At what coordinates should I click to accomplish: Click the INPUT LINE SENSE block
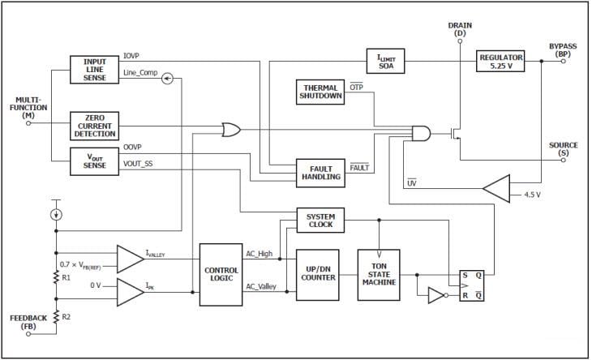[95, 69]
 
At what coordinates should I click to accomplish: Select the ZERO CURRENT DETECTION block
[95, 126]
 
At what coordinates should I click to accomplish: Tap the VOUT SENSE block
[95, 160]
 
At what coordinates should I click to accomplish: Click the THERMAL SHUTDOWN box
[321, 92]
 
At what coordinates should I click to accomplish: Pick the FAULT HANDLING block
[320, 172]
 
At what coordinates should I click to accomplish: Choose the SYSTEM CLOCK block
[320, 220]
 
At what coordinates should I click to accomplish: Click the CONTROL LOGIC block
[221, 274]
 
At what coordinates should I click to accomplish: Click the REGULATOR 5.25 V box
[500, 62]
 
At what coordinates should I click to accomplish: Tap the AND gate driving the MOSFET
[422, 133]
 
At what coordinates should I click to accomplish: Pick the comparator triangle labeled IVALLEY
[130, 258]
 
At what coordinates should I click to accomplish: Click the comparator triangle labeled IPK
[130, 289]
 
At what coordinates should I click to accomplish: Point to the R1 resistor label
[69, 276]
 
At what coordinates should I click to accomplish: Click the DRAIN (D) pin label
[459, 28]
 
